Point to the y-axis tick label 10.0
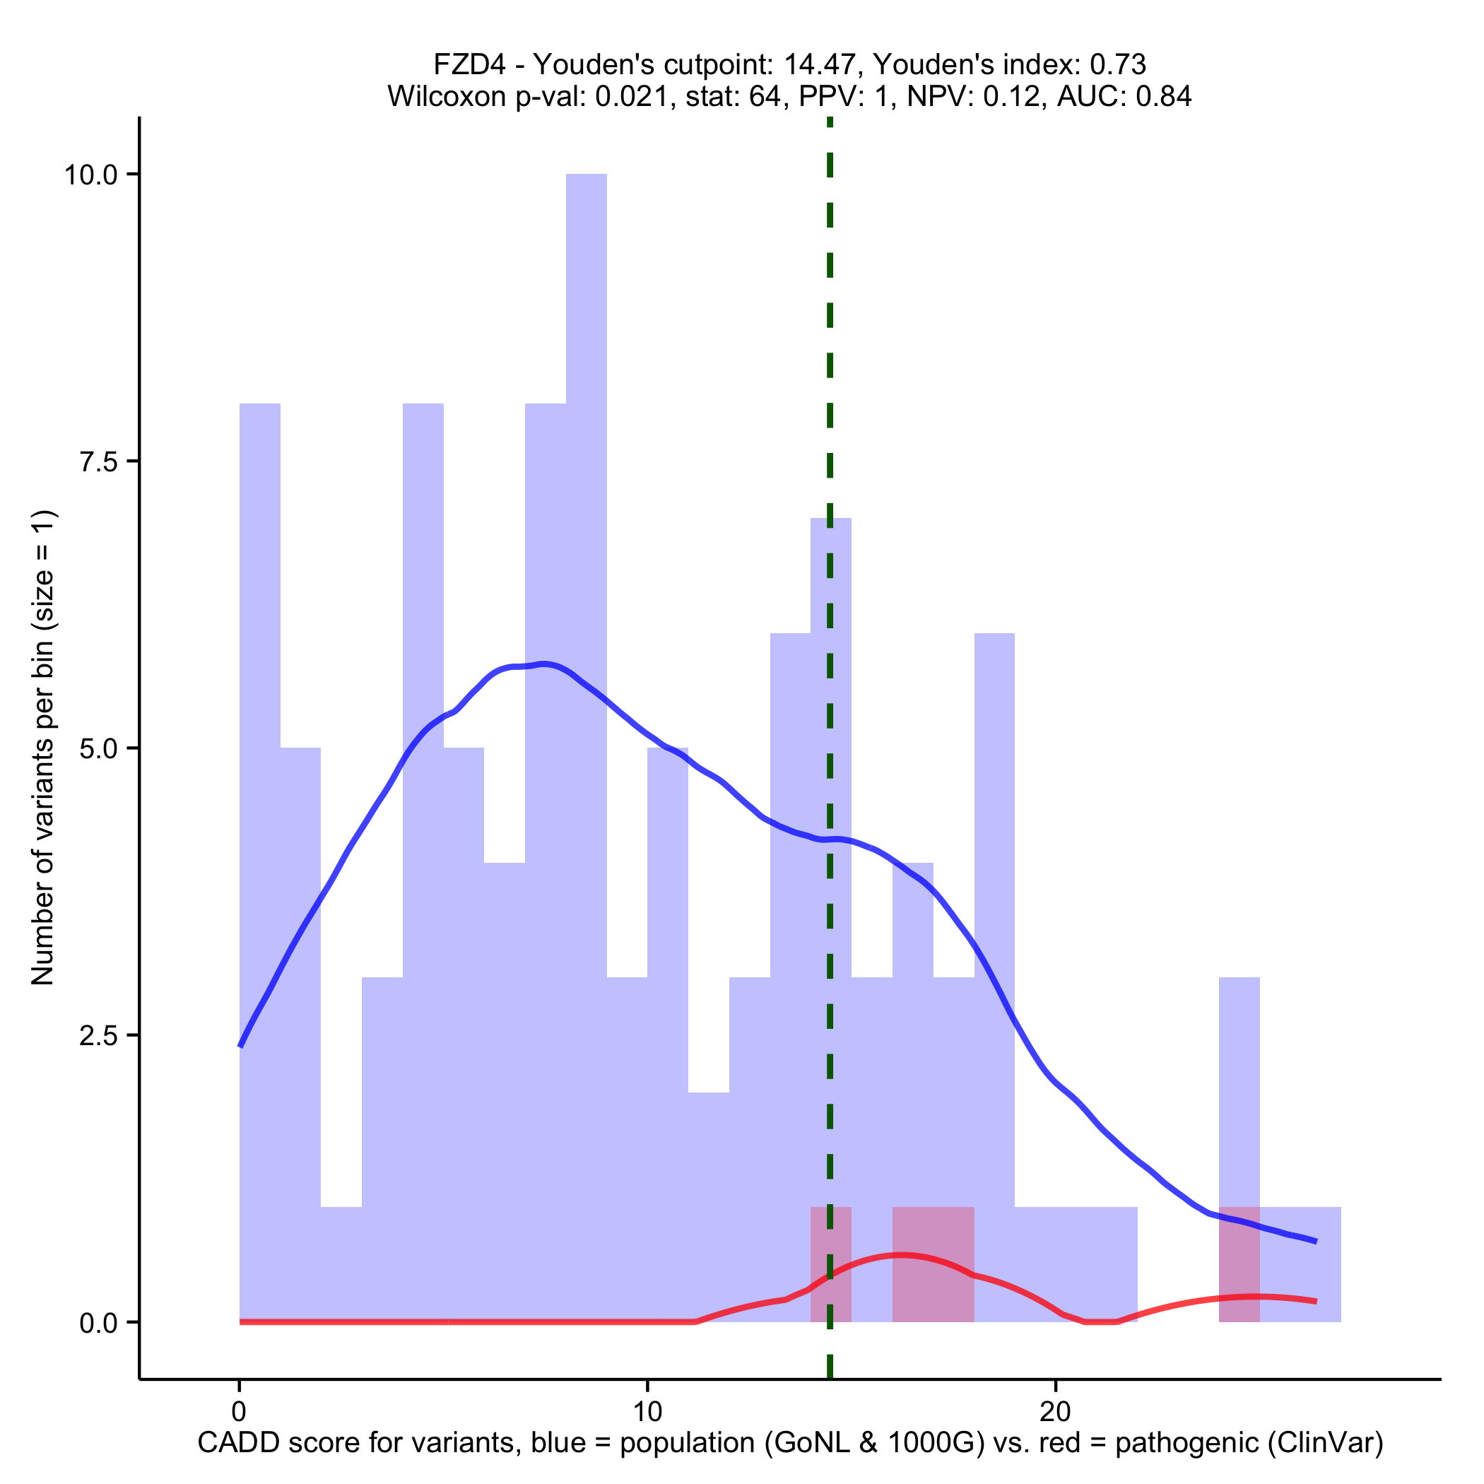click(x=90, y=175)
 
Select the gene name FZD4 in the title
click(x=469, y=64)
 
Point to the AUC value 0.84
click(x=1164, y=97)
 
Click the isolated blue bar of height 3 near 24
click(x=1239, y=1090)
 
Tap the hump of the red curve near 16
click(x=902, y=1255)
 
